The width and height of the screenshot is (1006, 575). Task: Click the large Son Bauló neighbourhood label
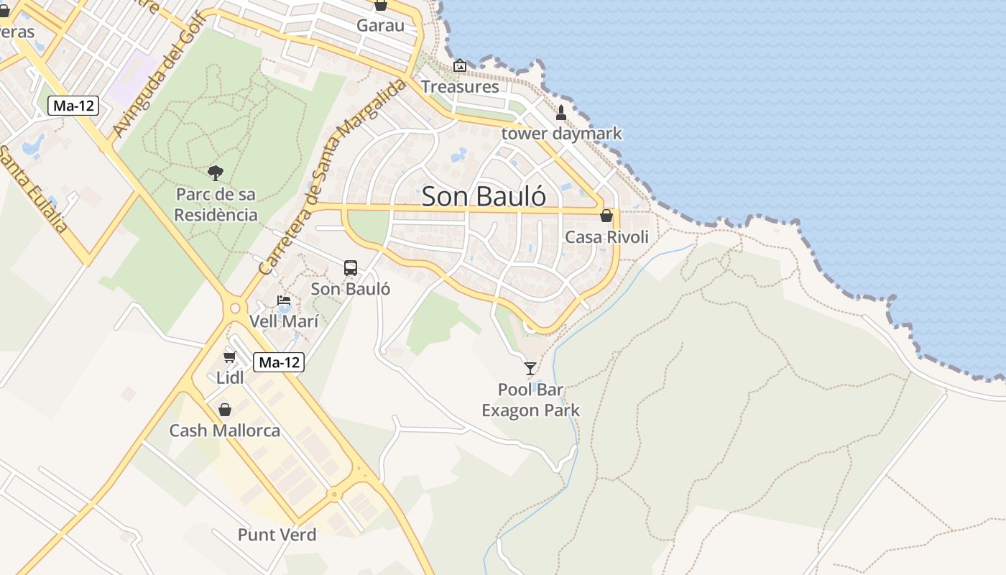pos(484,197)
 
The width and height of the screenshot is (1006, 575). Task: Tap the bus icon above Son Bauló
pos(351,268)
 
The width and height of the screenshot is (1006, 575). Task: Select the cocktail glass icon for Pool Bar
pos(530,369)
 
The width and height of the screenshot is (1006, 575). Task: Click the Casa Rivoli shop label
pos(606,237)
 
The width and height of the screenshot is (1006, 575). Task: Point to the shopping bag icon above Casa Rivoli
pos(606,216)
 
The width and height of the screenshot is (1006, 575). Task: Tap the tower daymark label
pos(561,134)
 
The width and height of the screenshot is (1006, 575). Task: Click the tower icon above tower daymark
pos(561,113)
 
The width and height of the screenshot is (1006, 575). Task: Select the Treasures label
pos(460,87)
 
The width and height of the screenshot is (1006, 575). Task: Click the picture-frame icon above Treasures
pos(460,66)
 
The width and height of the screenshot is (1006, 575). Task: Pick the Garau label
pos(380,26)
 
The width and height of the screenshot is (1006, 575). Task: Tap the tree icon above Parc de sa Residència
pos(215,172)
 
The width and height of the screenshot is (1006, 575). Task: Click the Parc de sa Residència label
pos(216,205)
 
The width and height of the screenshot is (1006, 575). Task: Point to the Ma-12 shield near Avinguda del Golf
pos(74,106)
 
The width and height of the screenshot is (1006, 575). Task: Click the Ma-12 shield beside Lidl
pos(279,363)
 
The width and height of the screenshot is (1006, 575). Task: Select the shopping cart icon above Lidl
pos(230,356)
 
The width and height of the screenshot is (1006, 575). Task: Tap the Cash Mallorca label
pos(224,431)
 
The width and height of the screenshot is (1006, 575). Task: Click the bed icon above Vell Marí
pos(284,300)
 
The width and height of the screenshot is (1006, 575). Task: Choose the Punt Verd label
pos(277,535)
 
